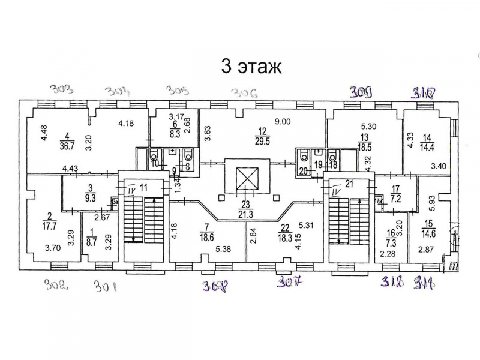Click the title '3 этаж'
click(251, 65)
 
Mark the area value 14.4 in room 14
click(427, 145)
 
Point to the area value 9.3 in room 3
click(90, 196)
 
